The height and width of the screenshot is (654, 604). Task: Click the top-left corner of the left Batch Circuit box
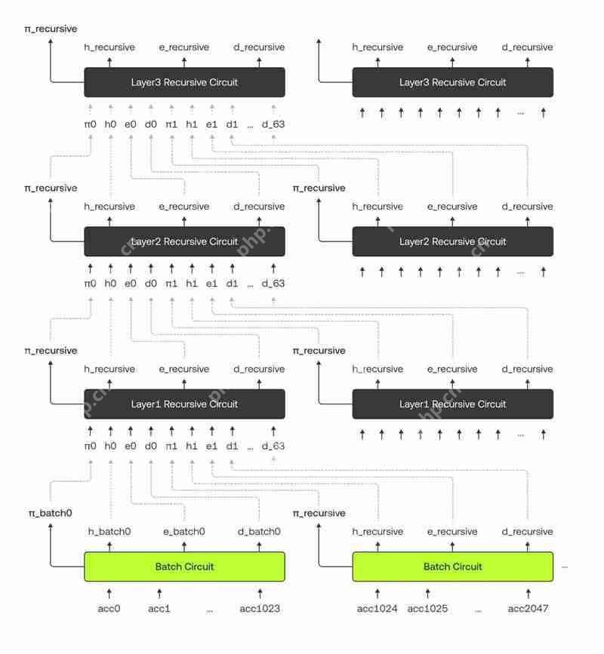coord(85,552)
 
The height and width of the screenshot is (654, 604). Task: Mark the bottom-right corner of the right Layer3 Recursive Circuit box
coord(553,97)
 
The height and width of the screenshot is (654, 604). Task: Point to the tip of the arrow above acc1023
coord(260,588)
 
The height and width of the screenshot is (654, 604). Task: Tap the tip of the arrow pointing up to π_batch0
coord(51,524)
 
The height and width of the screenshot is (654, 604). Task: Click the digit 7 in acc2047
coord(544,609)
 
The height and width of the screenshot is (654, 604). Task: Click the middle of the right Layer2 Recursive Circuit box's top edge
coord(453,227)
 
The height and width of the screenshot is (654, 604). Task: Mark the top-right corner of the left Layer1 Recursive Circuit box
coord(285,389)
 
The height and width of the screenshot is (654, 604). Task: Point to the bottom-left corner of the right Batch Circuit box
coord(353,582)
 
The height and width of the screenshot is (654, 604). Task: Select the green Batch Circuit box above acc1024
coord(453,566)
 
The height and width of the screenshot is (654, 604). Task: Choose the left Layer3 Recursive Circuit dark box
coord(184,82)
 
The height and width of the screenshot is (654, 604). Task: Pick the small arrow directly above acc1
coord(159,594)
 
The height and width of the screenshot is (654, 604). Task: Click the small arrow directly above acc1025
coord(427,594)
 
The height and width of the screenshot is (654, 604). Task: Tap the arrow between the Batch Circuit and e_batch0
coord(184,547)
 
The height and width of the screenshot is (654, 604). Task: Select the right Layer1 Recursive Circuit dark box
coord(453,404)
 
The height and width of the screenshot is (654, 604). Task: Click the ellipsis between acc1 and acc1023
coord(210,611)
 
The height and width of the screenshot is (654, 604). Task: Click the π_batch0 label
coord(51,513)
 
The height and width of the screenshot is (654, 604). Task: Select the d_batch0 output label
coord(259,532)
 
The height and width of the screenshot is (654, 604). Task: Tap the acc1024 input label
coord(377,609)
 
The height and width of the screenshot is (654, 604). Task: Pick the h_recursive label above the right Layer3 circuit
coord(377,47)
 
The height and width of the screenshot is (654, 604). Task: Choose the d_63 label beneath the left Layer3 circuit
coord(273,124)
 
